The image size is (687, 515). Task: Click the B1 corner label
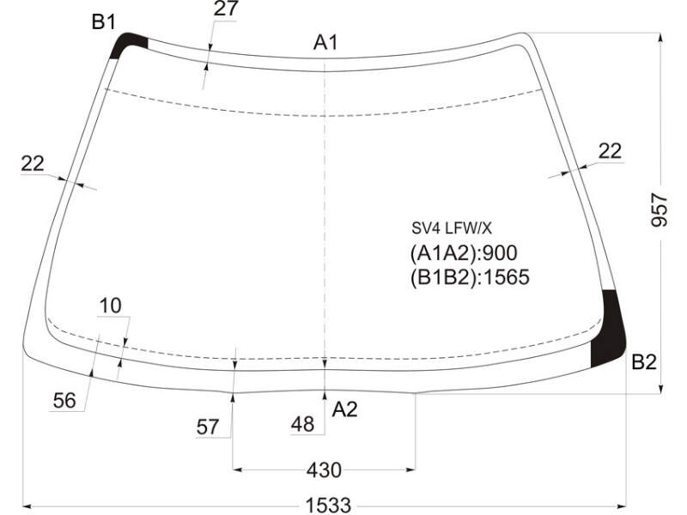(103, 22)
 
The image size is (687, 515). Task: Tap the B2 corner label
(644, 362)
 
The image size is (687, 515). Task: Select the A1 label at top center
(325, 43)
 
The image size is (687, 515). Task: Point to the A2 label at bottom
(345, 409)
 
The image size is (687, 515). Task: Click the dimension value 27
(226, 9)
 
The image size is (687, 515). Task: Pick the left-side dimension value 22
(33, 164)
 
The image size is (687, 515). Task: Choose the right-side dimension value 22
(610, 152)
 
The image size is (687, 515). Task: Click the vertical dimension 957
(660, 209)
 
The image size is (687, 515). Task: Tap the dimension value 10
(110, 306)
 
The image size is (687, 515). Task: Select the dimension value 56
(64, 400)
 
